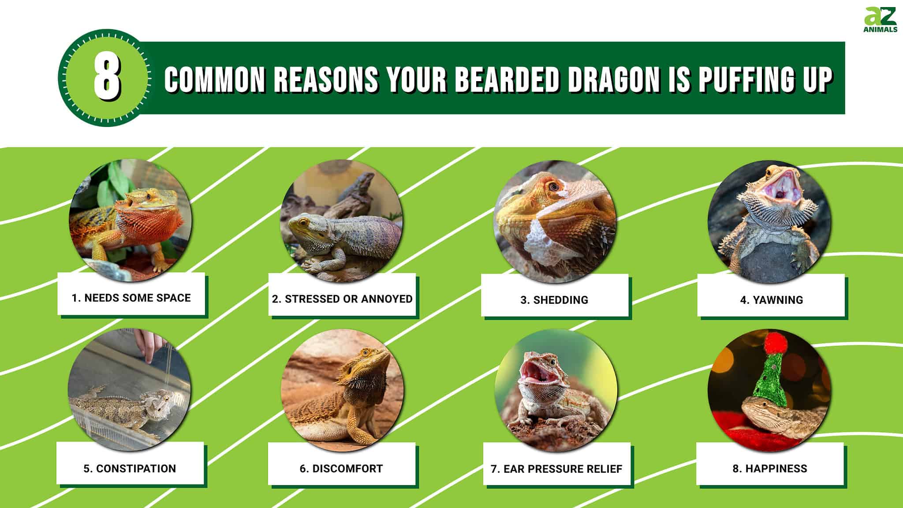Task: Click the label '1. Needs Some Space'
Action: click(x=131, y=298)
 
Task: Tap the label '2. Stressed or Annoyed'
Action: click(x=342, y=299)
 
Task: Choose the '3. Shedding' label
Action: click(x=554, y=300)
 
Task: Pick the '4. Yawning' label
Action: click(x=772, y=300)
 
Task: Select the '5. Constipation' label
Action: click(x=130, y=468)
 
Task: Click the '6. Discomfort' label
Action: click(x=341, y=468)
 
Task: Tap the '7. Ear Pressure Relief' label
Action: click(x=556, y=469)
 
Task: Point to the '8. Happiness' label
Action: click(x=770, y=468)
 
